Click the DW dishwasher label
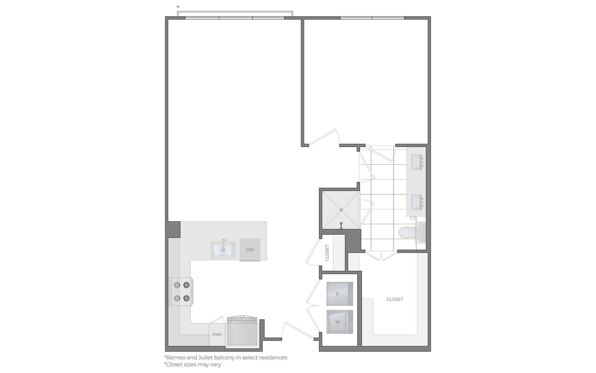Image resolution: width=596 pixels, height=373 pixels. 250,250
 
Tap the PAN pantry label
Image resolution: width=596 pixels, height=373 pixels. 217,334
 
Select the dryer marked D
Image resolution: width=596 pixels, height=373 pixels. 340,294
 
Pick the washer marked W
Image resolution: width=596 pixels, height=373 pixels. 340,322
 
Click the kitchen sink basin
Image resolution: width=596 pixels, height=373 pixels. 223,250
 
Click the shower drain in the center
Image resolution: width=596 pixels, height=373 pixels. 341,210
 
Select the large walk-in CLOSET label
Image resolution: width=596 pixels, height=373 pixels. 395,299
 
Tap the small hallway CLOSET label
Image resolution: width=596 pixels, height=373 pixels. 327,252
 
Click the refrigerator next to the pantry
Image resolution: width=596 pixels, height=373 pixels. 242,331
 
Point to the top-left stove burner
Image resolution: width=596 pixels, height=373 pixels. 177,285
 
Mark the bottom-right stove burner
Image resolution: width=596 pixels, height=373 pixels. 186,298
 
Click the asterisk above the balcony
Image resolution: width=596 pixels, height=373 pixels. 178,7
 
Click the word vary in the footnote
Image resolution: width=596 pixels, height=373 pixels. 215,365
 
